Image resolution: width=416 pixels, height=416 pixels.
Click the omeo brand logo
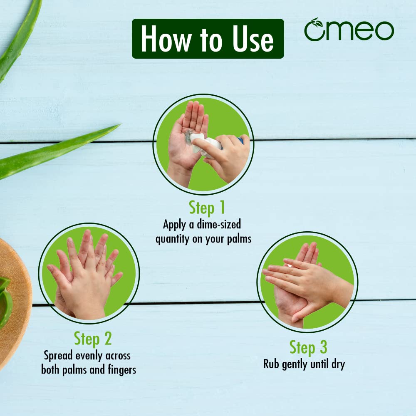[349, 30]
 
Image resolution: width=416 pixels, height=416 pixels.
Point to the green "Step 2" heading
[93, 339]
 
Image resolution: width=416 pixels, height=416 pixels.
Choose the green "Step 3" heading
[308, 347]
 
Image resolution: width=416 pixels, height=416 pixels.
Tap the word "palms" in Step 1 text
[237, 240]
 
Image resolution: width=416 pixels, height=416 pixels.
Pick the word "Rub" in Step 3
[271, 364]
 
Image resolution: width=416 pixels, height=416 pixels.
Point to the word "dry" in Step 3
[336, 364]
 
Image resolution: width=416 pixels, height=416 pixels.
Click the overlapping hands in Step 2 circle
[87, 275]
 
